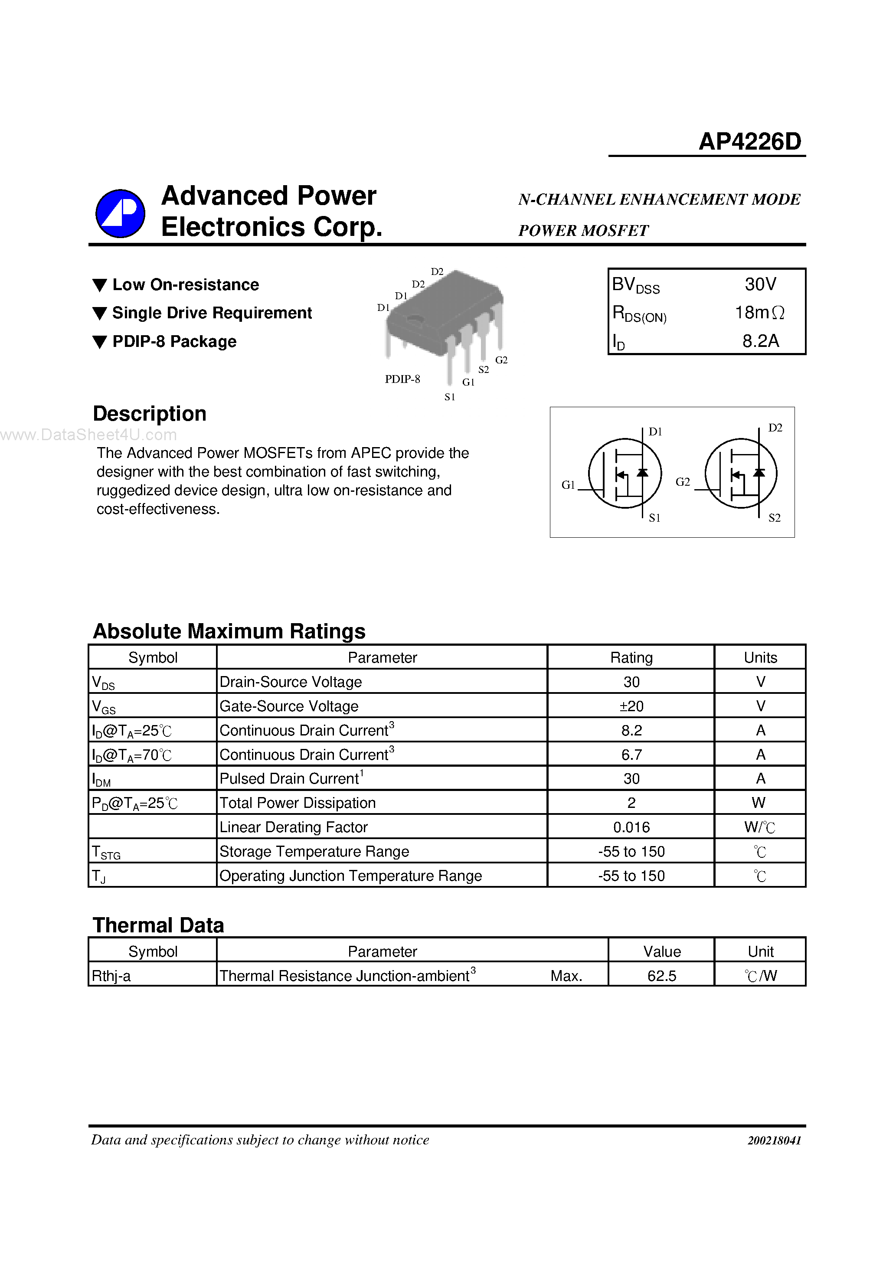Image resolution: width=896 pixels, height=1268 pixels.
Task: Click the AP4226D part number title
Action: [749, 142]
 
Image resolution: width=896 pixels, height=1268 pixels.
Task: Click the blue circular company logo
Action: [121, 213]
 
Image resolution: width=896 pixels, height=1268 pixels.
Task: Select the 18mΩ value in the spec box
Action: [759, 313]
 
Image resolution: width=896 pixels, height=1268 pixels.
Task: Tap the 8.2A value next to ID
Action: [760, 341]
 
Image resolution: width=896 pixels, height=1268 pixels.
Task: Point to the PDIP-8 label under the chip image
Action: [402, 379]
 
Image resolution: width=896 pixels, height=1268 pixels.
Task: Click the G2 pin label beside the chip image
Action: [501, 360]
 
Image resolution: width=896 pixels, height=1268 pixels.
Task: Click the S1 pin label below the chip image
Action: [450, 397]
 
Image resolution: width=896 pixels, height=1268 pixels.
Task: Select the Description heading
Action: [150, 414]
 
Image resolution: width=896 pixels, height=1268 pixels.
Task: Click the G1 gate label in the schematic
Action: [568, 484]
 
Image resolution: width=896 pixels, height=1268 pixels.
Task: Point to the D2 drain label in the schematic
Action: [775, 428]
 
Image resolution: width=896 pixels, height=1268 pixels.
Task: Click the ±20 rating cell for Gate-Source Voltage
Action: [631, 706]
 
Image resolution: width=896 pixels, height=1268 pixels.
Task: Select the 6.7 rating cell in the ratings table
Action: [631, 755]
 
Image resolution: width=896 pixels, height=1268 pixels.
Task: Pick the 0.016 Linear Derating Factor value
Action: [631, 827]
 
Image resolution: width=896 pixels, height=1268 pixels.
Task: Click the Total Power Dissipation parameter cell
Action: [298, 803]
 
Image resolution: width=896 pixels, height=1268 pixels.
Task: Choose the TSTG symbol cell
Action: [106, 852]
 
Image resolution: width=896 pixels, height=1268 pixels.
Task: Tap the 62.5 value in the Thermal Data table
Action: [661, 976]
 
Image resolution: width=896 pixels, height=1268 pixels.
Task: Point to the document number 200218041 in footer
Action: [774, 1141]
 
